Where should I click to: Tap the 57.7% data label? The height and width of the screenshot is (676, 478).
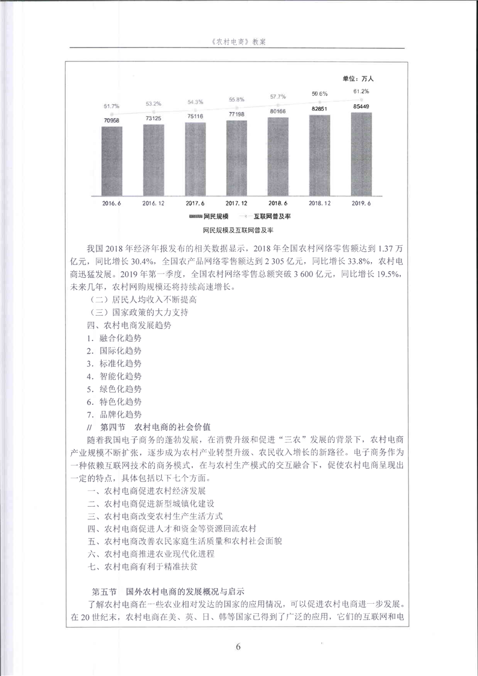coord(278,96)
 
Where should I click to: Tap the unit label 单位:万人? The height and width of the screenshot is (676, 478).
coord(359,78)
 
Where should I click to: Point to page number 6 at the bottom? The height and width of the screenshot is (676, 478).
coord(239,647)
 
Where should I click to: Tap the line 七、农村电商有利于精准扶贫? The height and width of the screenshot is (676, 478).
coord(150,567)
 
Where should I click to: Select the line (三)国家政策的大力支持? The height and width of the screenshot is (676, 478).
coord(139,312)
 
